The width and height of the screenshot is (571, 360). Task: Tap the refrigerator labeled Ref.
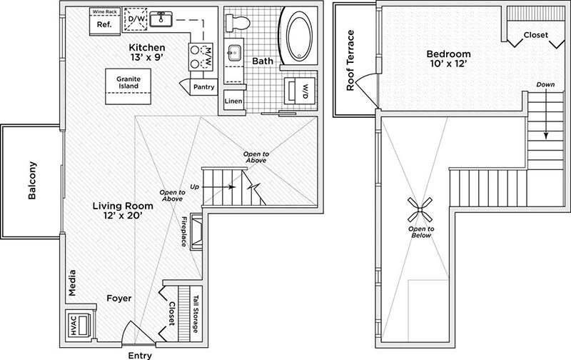click(x=103, y=24)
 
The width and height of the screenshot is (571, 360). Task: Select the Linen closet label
click(x=233, y=101)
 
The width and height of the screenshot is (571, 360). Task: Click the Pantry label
click(x=205, y=86)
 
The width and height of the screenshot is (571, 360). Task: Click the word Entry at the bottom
click(x=138, y=354)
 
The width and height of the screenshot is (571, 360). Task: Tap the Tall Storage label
click(x=194, y=313)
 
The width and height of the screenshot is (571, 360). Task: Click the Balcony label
click(x=32, y=183)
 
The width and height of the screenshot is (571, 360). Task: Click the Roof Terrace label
click(x=350, y=61)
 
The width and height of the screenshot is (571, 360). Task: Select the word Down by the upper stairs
click(x=545, y=85)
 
